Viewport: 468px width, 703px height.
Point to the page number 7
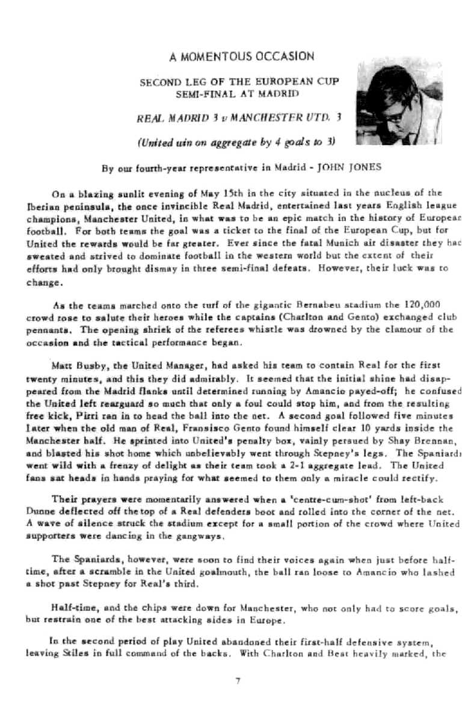pos(238,681)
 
